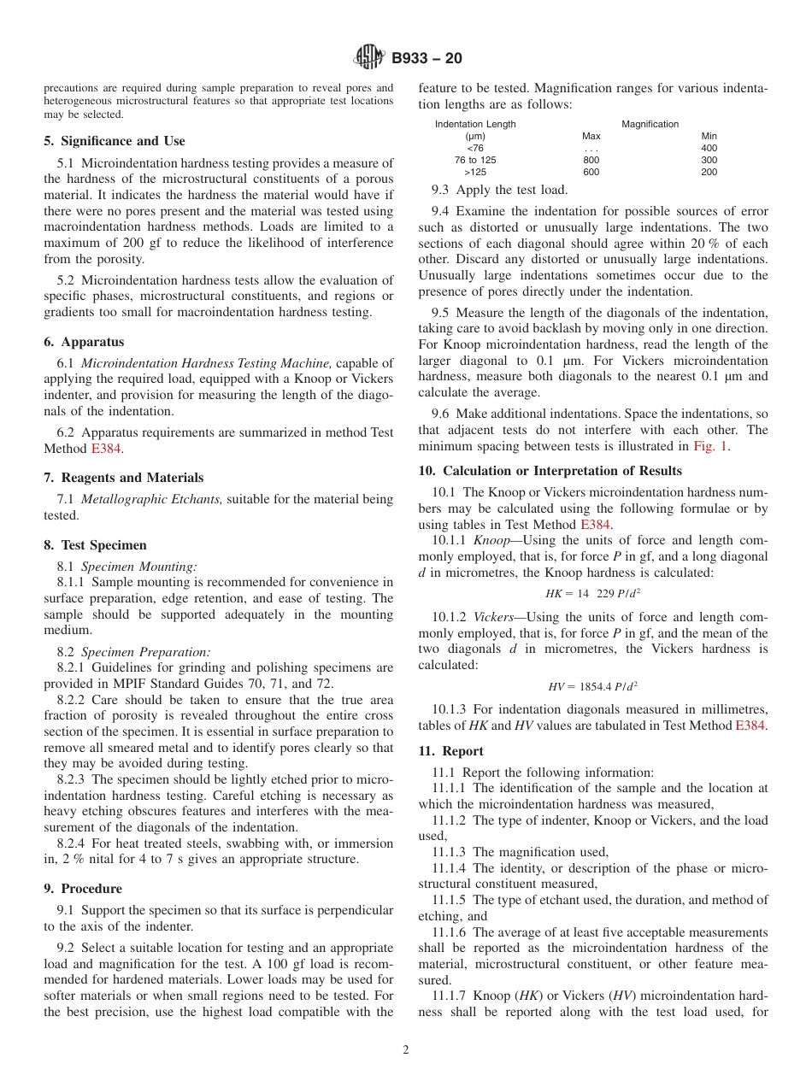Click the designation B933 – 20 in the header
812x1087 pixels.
427,59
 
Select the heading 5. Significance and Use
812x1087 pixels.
115,141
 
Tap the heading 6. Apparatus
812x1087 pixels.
84,342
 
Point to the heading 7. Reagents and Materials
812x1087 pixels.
124,478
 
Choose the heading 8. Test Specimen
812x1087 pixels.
95,545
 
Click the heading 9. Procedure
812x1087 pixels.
83,889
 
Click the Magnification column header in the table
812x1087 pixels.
650,124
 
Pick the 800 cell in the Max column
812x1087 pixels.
591,160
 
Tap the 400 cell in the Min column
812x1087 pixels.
709,148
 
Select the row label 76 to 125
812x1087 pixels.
475,160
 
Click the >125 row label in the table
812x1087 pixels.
475,172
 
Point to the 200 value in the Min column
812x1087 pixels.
709,172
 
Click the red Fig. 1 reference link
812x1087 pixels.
710,446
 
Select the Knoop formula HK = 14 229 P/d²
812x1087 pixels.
592,593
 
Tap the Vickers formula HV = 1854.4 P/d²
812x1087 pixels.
592,686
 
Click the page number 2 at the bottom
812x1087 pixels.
406,1050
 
